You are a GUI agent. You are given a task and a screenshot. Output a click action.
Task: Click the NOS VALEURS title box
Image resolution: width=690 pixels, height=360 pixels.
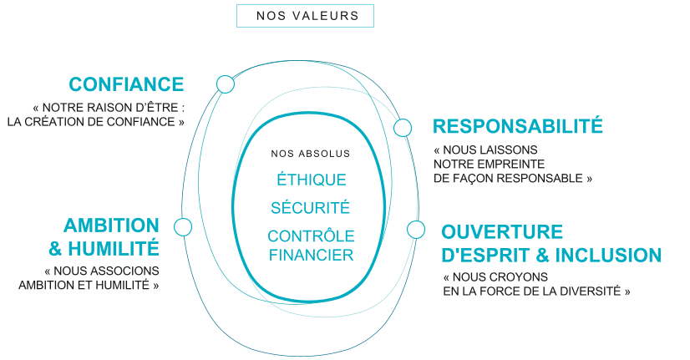point(305,16)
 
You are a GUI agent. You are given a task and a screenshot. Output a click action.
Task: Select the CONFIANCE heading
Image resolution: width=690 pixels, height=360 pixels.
point(126,84)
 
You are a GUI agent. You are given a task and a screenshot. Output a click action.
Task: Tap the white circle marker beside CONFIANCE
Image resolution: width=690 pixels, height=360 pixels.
point(225,84)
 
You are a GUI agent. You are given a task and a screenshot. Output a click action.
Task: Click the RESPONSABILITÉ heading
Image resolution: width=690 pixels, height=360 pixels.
point(518,127)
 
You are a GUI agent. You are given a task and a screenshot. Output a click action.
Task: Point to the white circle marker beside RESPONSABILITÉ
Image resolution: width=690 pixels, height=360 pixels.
point(403,128)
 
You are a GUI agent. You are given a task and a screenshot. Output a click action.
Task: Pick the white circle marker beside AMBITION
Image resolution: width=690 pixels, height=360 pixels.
point(183,226)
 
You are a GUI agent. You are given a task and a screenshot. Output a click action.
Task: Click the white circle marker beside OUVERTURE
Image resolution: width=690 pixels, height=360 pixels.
point(415,230)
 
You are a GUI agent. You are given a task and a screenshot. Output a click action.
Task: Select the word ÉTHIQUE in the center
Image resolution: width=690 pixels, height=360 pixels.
point(311,180)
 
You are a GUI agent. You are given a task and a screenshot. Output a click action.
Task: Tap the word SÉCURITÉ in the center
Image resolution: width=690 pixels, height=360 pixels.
point(311,208)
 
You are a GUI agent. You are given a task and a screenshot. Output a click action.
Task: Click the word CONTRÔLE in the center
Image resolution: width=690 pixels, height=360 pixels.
point(311,236)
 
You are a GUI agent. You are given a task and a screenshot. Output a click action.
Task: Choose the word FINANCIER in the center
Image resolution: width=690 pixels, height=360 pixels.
point(311,255)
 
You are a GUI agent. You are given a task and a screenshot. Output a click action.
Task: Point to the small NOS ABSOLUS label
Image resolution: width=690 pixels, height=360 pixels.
point(311,154)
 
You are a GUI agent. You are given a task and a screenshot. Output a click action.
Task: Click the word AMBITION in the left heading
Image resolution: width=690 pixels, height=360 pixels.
point(111,226)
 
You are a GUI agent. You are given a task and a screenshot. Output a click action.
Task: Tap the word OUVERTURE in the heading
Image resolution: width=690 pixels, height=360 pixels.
point(502,231)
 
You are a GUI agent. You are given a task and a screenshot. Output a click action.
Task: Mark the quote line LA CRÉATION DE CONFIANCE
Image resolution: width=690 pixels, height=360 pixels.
point(95,122)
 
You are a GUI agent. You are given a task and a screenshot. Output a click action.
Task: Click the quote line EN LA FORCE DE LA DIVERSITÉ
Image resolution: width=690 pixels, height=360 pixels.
point(536,291)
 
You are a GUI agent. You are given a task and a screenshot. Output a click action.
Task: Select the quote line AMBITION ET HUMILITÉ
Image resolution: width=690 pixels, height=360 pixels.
point(89,285)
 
